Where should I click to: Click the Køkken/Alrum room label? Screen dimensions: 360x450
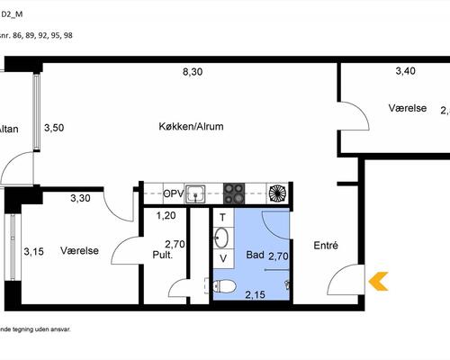click(x=190, y=127)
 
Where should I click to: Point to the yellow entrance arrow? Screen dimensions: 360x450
click(x=379, y=282)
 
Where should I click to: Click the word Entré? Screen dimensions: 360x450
click(x=327, y=245)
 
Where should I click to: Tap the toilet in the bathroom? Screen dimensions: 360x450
click(x=225, y=288)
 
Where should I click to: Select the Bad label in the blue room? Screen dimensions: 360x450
click(x=255, y=256)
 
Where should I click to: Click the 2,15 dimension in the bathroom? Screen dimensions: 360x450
click(x=255, y=294)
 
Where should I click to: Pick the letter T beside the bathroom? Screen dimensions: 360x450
click(x=222, y=218)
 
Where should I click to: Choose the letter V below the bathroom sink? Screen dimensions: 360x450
click(x=223, y=259)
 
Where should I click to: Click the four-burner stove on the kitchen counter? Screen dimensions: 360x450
click(x=234, y=192)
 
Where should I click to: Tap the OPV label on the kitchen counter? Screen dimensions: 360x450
click(x=174, y=193)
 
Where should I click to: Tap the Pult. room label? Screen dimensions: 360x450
click(x=162, y=256)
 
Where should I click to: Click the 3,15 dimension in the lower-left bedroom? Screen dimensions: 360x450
click(x=34, y=252)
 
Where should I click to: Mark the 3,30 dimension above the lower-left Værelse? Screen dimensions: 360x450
click(x=81, y=198)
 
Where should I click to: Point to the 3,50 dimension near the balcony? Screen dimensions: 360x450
click(x=55, y=128)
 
